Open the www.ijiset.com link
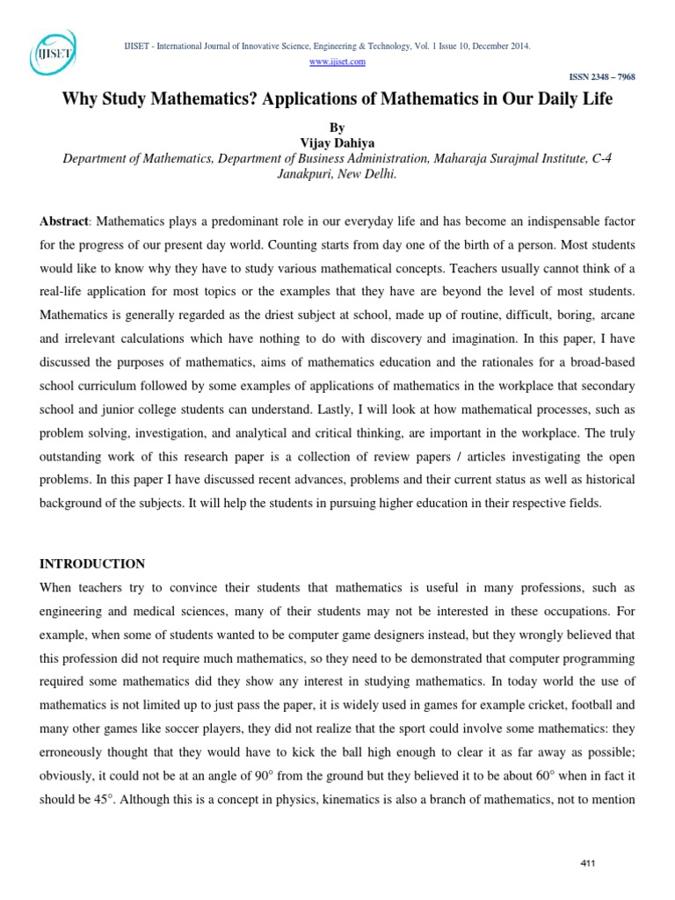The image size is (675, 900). click(x=337, y=62)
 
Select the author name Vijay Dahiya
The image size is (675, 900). click(x=337, y=143)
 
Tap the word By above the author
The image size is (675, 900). click(x=337, y=128)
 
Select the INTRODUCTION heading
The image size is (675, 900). click(x=91, y=563)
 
